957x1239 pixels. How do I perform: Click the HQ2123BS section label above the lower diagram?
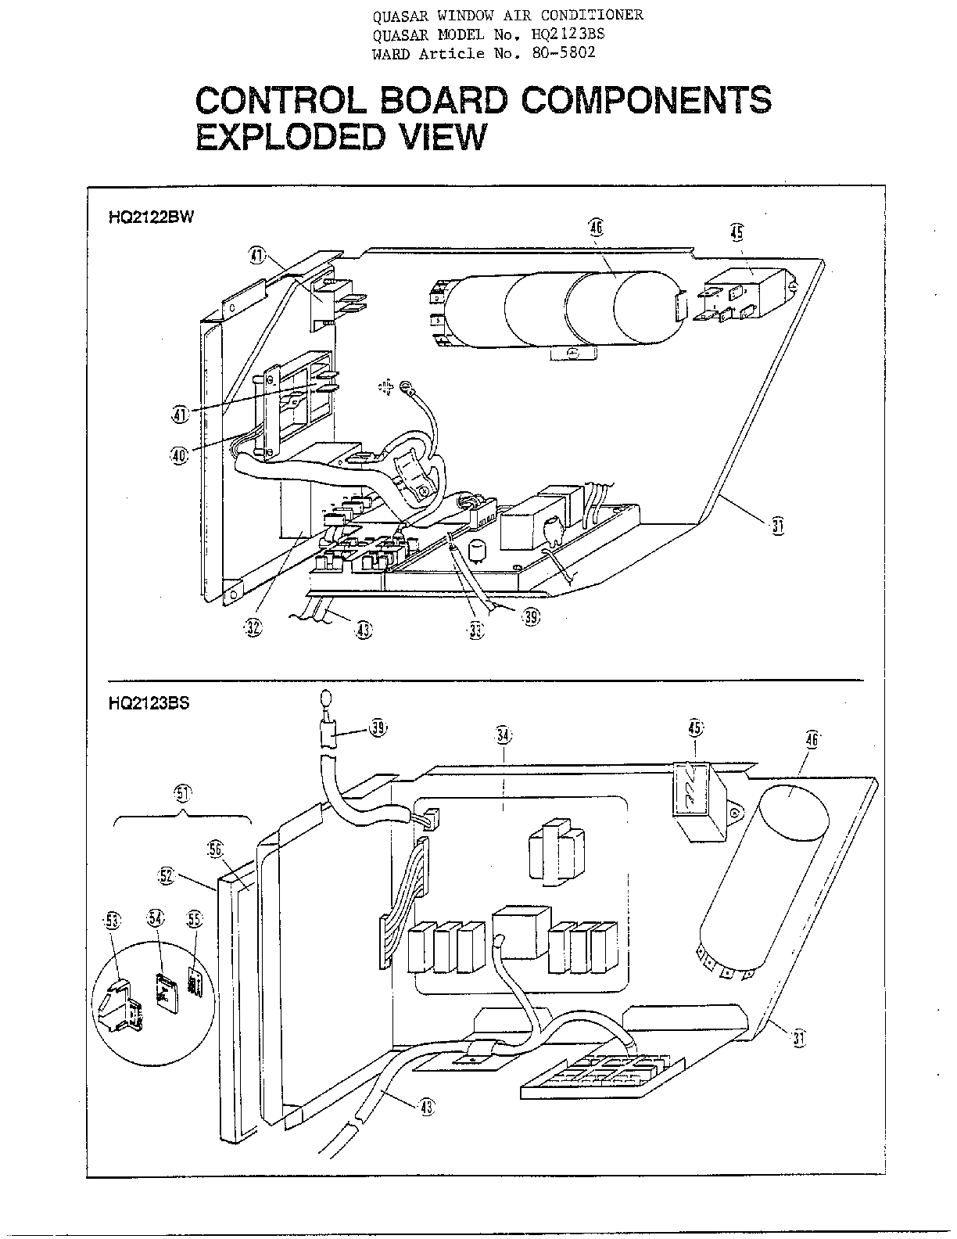tap(149, 703)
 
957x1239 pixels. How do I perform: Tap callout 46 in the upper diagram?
tap(597, 228)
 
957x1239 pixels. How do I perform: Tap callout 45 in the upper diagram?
tap(737, 232)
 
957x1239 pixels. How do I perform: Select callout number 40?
tap(180, 455)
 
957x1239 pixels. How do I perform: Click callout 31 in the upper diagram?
tap(776, 526)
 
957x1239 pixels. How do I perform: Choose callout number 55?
tap(193, 919)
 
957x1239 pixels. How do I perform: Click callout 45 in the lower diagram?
tap(695, 728)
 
